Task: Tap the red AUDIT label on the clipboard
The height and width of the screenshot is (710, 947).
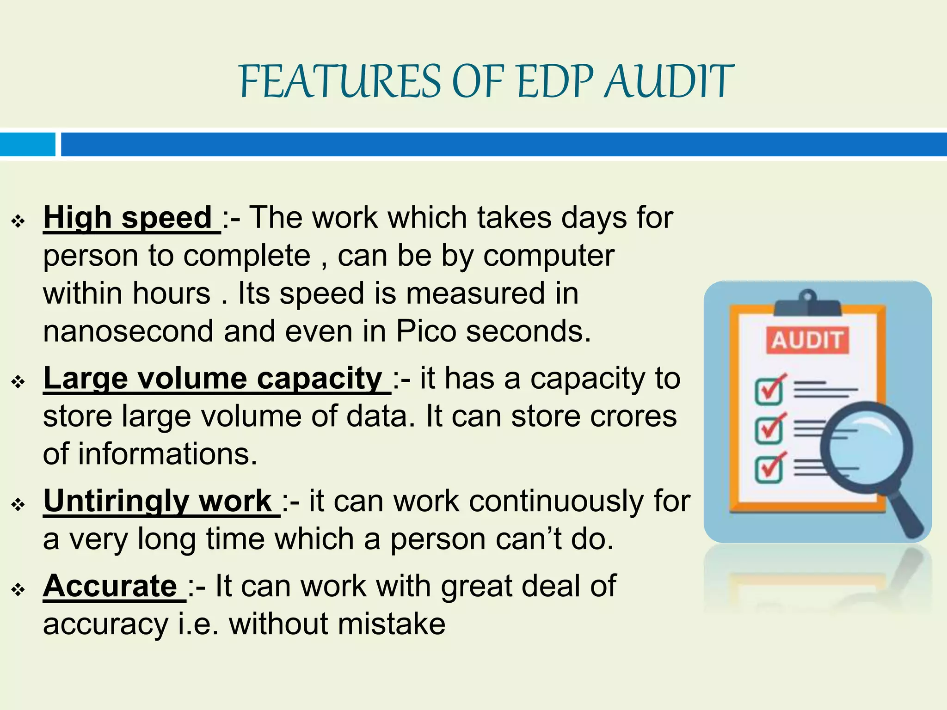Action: click(x=807, y=341)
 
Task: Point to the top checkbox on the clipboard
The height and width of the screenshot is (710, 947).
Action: click(x=769, y=391)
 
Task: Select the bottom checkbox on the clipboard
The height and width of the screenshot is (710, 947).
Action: click(x=769, y=469)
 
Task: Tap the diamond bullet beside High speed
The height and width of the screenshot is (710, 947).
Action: click(x=18, y=222)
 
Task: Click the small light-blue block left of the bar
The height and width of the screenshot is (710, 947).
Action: click(x=27, y=144)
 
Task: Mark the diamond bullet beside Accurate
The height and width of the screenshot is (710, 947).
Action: click(x=18, y=590)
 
